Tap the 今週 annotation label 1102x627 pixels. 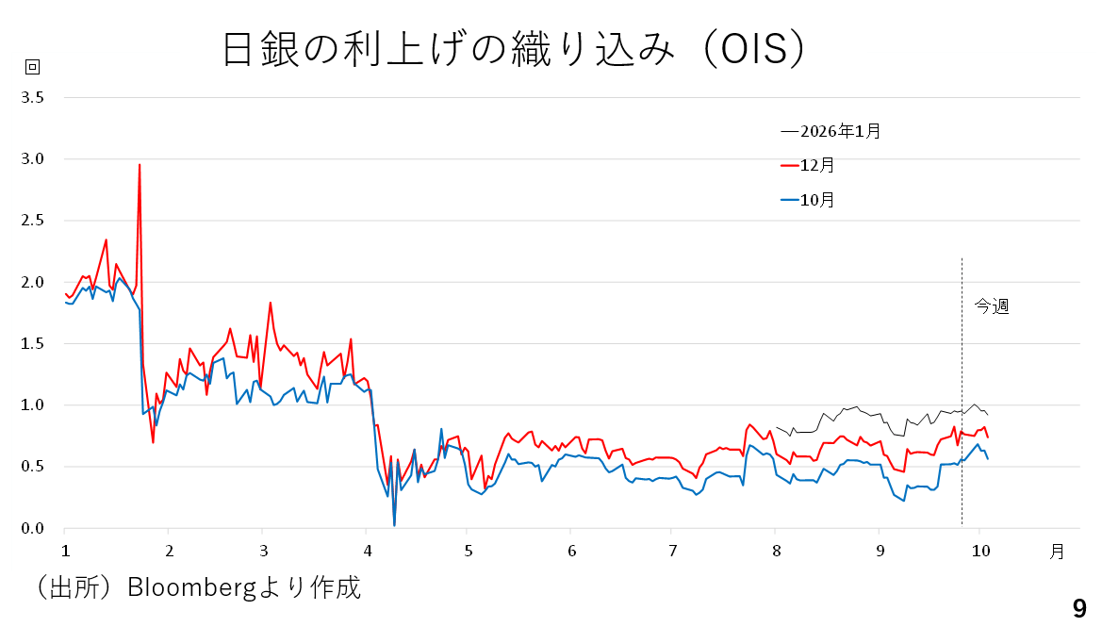[991, 306]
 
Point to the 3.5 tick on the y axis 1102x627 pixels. [34, 97]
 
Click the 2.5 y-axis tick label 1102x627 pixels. [34, 221]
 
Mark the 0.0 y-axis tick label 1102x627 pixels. [34, 529]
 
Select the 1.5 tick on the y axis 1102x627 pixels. [34, 344]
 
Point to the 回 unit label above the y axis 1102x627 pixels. [31, 67]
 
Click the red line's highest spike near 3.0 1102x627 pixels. [140, 165]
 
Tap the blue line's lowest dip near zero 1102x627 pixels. [394, 524]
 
